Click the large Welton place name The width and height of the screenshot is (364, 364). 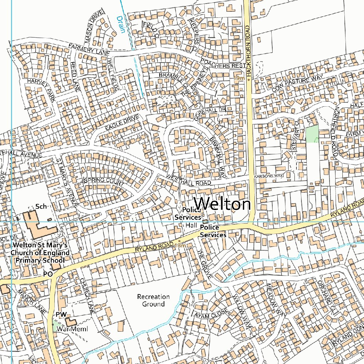click(x=223, y=204)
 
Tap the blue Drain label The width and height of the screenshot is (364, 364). click(x=121, y=24)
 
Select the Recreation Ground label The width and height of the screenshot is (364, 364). click(x=153, y=300)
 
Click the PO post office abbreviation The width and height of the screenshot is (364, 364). click(x=48, y=274)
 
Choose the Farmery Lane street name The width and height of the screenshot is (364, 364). click(x=89, y=49)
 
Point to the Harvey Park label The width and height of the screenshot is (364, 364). click(x=41, y=90)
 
